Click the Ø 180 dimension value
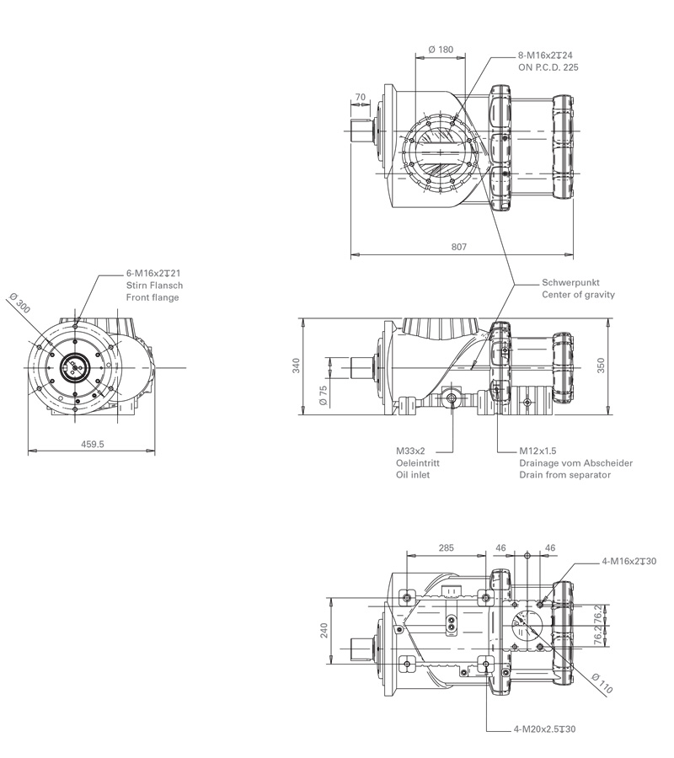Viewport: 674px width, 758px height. (441, 50)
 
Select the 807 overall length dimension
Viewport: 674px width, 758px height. (459, 247)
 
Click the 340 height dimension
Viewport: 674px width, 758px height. (295, 366)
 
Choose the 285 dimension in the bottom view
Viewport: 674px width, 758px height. (447, 547)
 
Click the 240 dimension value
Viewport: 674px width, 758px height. (324, 631)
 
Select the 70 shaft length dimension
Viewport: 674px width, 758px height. (361, 98)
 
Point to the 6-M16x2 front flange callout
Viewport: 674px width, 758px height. (154, 274)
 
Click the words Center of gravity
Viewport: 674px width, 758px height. (578, 295)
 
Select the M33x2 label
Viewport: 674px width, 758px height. (410, 451)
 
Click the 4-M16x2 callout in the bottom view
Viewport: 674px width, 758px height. (629, 561)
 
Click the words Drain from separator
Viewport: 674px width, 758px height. (565, 475)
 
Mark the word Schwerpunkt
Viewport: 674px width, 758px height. (570, 282)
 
